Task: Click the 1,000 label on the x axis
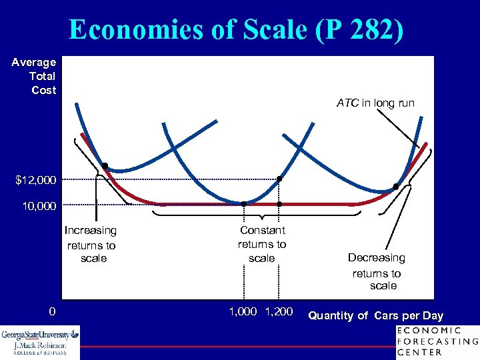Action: (x=243, y=311)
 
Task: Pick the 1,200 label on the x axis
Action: (x=279, y=311)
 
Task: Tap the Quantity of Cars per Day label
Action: (x=375, y=315)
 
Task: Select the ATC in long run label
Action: (x=375, y=103)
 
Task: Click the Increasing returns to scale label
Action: (x=91, y=244)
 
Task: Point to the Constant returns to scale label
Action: (x=262, y=243)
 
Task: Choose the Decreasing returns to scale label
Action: (x=377, y=271)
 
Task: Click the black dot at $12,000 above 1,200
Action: (x=280, y=179)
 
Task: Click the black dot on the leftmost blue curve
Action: (x=105, y=165)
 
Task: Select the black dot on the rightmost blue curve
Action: (x=395, y=187)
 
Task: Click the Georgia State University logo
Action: (x=40, y=342)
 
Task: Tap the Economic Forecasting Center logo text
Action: (x=437, y=341)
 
